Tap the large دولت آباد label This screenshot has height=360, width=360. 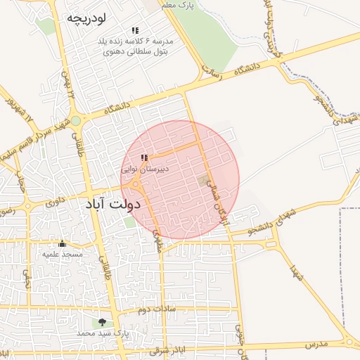point(114,204)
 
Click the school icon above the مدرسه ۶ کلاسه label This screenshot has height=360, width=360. point(135,31)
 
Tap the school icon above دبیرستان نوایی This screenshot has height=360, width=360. point(144,158)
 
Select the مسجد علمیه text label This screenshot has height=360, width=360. point(63,254)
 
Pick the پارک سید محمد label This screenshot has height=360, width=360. point(103,333)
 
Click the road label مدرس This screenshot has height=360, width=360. point(317,345)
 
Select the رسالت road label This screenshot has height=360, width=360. point(212,71)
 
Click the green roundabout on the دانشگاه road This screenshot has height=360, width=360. point(75,121)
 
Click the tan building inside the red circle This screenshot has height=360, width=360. point(204,181)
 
